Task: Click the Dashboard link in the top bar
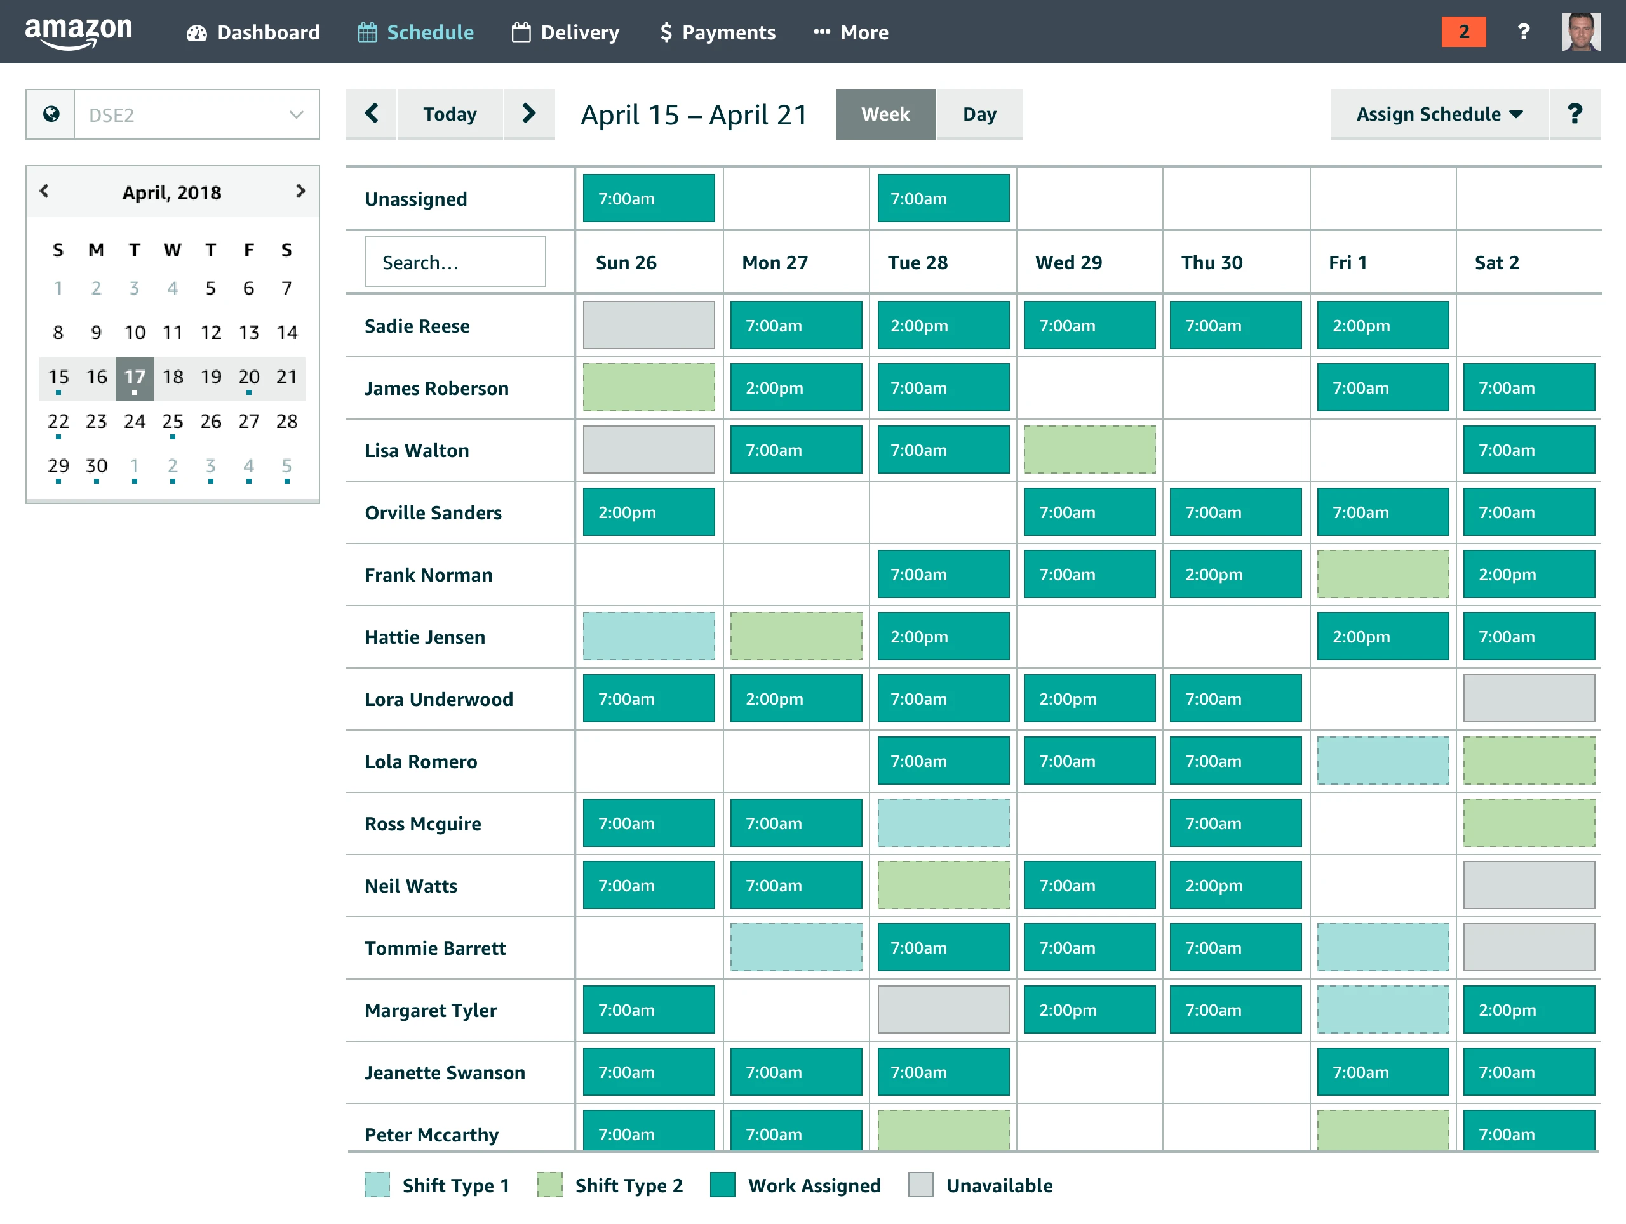(253, 32)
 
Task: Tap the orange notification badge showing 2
(1463, 32)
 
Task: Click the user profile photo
(1580, 32)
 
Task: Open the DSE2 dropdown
(196, 115)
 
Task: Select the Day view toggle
(979, 114)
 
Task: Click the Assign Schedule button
(1439, 114)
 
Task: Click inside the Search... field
(455, 262)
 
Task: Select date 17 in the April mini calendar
(135, 378)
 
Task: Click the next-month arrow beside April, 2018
(300, 191)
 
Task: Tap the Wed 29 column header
(1068, 262)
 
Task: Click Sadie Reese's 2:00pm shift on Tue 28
(943, 326)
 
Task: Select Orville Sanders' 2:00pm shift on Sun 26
(648, 512)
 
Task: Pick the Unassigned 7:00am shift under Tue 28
(943, 198)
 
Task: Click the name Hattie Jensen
(425, 637)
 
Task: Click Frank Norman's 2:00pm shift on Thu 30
(1235, 575)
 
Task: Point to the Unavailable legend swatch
(920, 1185)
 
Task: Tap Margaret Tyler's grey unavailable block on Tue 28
(943, 1009)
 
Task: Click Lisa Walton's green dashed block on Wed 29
(1089, 449)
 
